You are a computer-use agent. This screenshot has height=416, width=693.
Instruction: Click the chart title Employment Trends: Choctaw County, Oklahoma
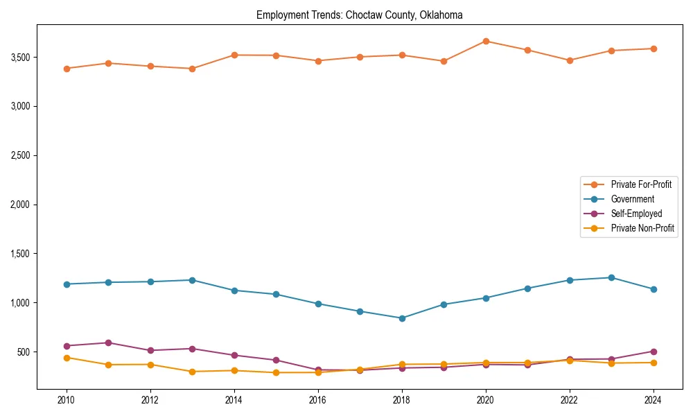click(x=359, y=15)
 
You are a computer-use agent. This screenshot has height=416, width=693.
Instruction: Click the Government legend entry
click(x=632, y=199)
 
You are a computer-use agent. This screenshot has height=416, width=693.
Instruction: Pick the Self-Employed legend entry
click(x=636, y=214)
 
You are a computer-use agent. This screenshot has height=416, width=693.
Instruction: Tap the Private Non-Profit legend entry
click(x=642, y=228)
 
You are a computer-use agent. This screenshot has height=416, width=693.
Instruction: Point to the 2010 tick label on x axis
click(x=67, y=400)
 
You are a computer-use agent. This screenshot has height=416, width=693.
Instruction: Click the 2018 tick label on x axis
click(x=402, y=400)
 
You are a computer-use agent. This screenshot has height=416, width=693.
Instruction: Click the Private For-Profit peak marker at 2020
click(x=486, y=41)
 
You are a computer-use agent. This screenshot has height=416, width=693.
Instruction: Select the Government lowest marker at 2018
click(x=402, y=318)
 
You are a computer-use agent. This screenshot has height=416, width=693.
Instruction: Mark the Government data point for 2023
click(x=611, y=277)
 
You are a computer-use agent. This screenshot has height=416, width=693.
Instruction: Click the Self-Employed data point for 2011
click(x=108, y=343)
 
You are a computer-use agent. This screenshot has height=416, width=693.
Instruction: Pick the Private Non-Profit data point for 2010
click(x=67, y=358)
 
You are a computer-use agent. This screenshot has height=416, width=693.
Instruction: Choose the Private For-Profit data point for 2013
click(x=192, y=69)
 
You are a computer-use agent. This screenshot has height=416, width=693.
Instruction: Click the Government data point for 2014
click(x=234, y=291)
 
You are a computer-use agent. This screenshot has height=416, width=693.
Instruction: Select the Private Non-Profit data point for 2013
click(x=192, y=372)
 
